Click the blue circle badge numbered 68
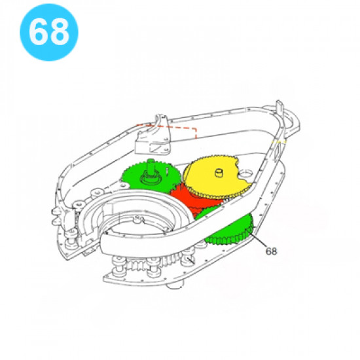pyautogui.click(x=49, y=32)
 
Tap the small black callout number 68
pyautogui.click(x=271, y=251)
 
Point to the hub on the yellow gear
pyautogui.click(x=219, y=173)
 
